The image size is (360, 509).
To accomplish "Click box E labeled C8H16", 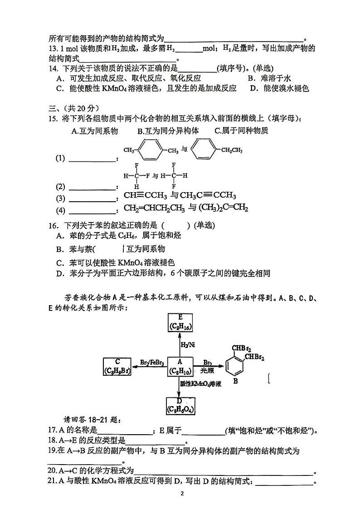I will point(180,322).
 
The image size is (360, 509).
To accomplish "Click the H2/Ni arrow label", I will point(187,344).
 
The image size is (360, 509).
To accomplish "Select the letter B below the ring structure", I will point(235,381).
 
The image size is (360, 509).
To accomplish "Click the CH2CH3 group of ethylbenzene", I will point(230,150).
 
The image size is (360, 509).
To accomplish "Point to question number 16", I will point(54,226).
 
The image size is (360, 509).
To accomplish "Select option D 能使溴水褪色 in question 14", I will point(280,89).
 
